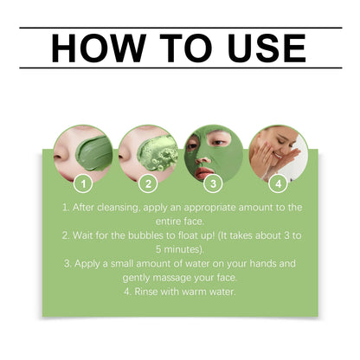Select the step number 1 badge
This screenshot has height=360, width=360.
point(82,183)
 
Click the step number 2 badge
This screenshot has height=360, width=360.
point(147,183)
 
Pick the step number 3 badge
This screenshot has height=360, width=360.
point(212,183)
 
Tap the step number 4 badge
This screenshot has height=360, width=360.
point(277,183)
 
